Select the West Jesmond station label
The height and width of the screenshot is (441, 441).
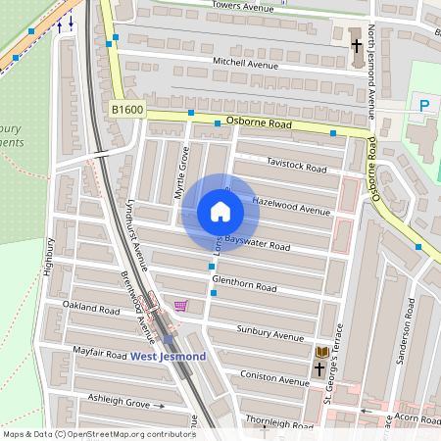(169, 356)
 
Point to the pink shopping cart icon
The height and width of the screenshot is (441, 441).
(180, 306)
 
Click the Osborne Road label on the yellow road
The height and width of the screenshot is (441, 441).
(260, 123)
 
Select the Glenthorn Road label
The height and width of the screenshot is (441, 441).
(244, 288)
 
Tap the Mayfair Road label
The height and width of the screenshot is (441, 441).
(100, 350)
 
